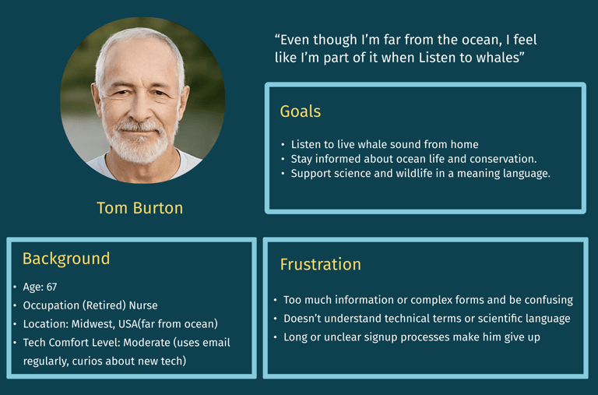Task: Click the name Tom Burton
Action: coord(140,208)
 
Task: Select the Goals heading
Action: coord(300,111)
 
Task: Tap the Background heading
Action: coord(66,259)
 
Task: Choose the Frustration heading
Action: coord(320,264)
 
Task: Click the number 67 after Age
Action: coord(52,287)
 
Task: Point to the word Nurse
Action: coord(143,305)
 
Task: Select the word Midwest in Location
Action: coord(93,324)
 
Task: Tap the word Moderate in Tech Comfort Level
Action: coord(147,342)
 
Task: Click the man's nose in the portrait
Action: coord(139,110)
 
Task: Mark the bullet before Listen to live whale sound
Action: coord(283,145)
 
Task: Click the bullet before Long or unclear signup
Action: coord(276,337)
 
